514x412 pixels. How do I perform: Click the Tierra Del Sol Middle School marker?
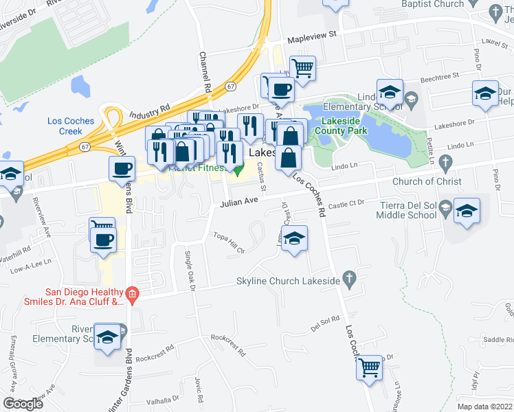467,211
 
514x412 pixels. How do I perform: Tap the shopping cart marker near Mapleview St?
302,68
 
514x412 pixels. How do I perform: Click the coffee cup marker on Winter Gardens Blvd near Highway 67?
123,169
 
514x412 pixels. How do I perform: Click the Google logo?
23,404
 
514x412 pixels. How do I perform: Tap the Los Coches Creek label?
70,126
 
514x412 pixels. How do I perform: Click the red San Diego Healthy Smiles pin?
135,296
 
